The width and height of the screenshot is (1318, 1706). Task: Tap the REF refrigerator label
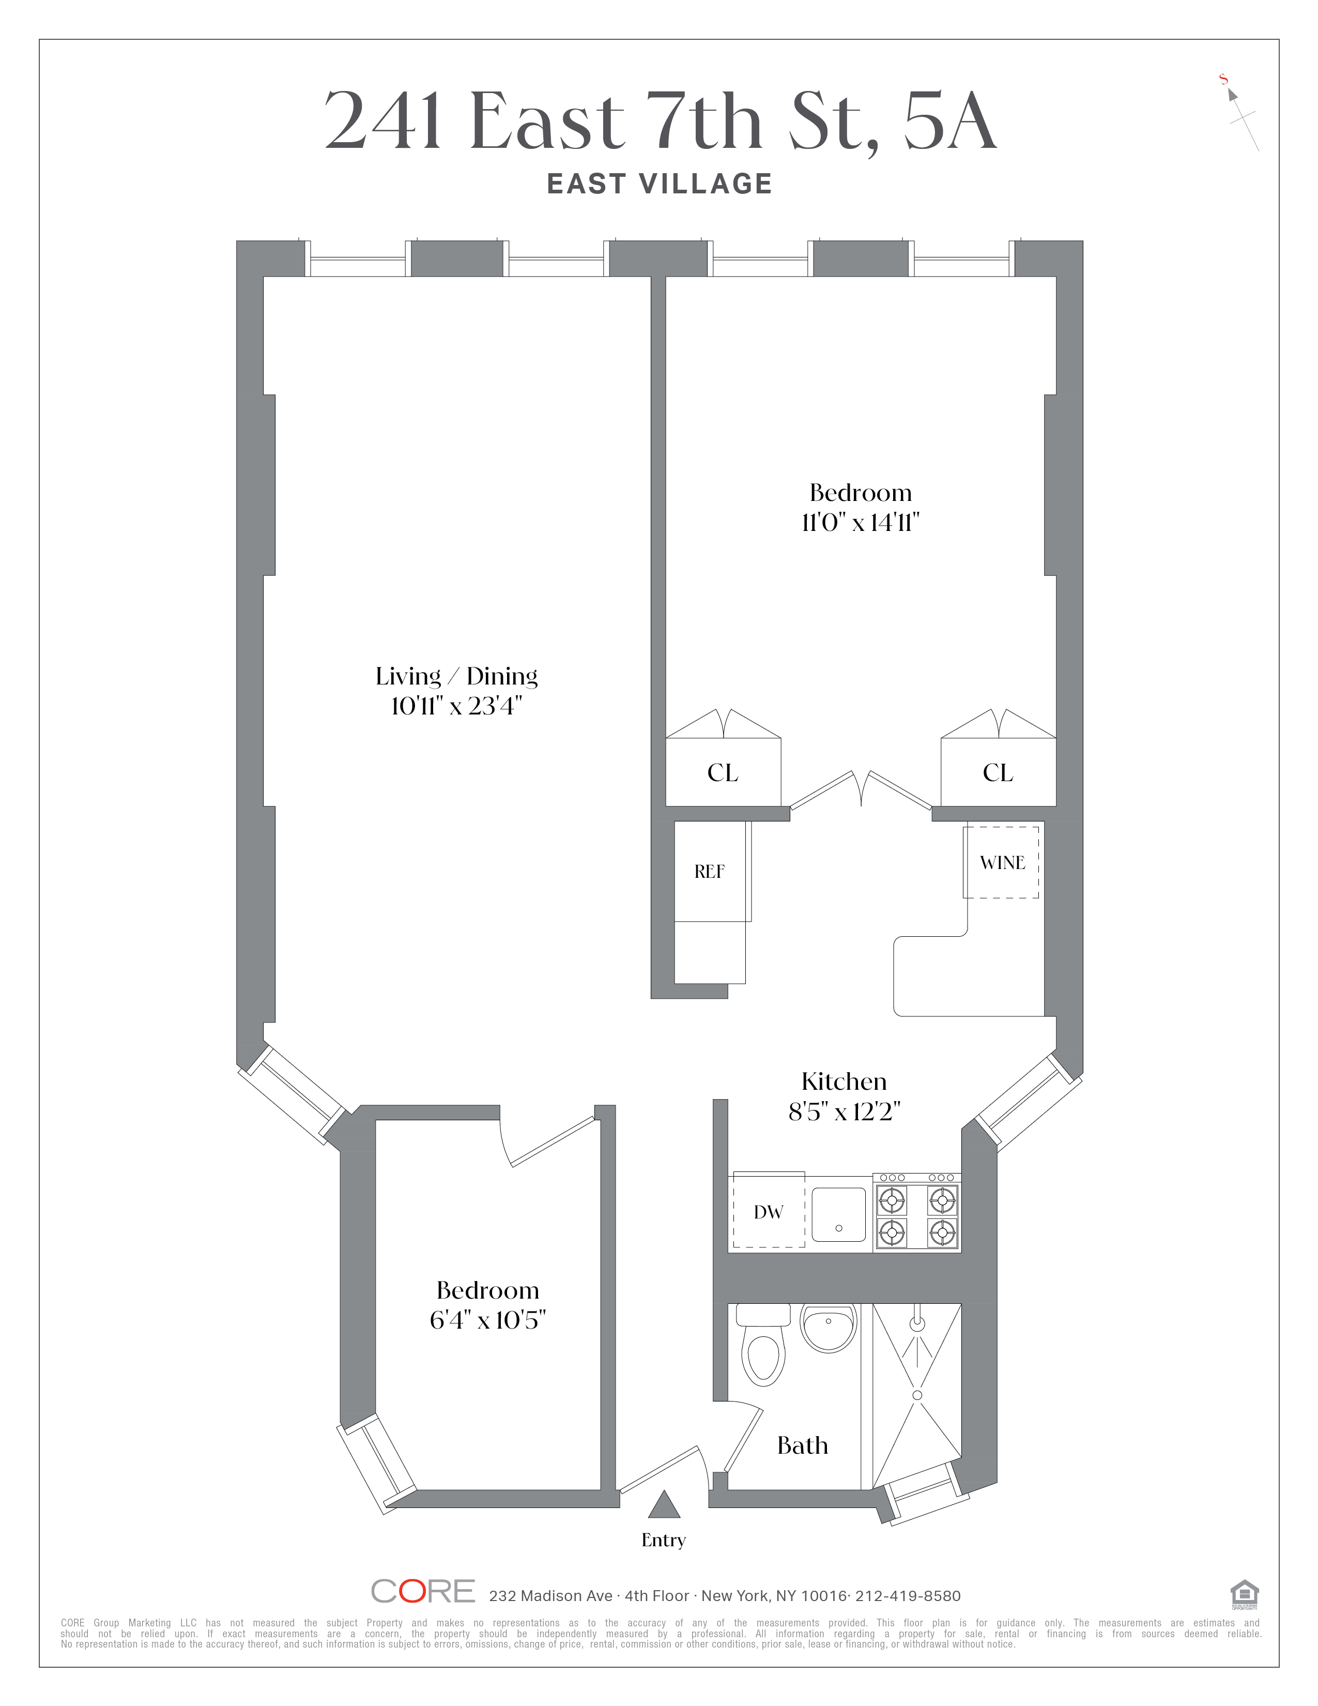point(709,872)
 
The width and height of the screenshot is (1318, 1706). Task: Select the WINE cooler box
point(1002,862)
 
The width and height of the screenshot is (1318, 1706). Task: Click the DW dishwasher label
point(768,1212)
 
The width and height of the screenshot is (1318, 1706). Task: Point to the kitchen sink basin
point(838,1215)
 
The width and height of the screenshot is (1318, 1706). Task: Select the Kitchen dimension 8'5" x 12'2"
point(844,1111)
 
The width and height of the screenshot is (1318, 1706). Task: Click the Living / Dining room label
point(457,677)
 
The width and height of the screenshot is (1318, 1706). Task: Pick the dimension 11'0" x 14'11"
point(861,522)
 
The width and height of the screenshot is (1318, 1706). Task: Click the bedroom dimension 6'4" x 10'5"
point(487,1320)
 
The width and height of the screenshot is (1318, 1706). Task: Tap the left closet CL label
point(722,772)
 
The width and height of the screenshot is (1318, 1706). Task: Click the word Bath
point(802,1446)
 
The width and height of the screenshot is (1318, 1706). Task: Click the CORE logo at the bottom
point(422,1591)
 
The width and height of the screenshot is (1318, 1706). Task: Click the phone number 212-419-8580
point(908,1596)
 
